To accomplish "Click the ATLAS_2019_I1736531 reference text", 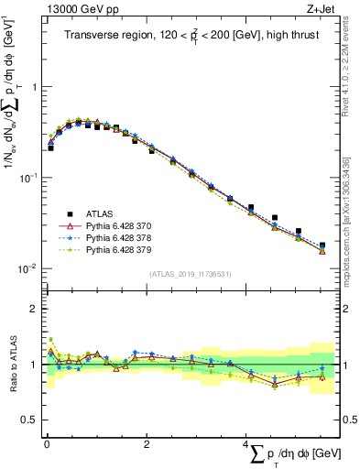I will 191,274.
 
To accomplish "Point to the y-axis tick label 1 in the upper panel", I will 34,88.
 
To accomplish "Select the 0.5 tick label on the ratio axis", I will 29,420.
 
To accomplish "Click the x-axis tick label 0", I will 46,445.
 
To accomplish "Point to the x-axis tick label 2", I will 147,445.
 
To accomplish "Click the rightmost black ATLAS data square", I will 322,245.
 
